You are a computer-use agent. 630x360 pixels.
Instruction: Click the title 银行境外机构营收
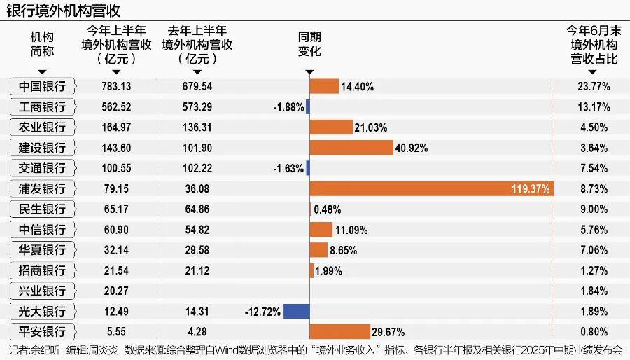(x=63, y=11)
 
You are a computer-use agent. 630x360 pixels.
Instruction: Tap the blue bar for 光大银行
(x=296, y=311)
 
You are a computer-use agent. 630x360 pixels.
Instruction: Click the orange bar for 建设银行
(x=351, y=148)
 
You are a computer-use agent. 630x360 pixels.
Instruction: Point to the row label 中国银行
(x=42, y=87)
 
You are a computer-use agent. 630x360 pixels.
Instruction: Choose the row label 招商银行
(x=42, y=270)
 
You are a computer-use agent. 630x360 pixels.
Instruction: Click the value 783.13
(x=115, y=87)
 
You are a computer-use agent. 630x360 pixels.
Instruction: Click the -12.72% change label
(x=262, y=311)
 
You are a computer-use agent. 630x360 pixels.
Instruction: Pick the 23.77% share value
(x=594, y=87)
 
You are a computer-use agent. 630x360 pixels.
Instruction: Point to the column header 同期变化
(x=309, y=44)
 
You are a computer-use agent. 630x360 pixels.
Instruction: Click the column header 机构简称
(x=42, y=44)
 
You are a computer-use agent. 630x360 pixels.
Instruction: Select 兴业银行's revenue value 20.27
(x=115, y=291)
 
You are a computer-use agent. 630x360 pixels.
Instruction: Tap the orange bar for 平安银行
(x=339, y=331)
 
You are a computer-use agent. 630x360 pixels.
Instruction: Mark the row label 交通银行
(x=42, y=168)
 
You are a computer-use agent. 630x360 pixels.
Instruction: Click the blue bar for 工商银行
(x=307, y=107)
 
